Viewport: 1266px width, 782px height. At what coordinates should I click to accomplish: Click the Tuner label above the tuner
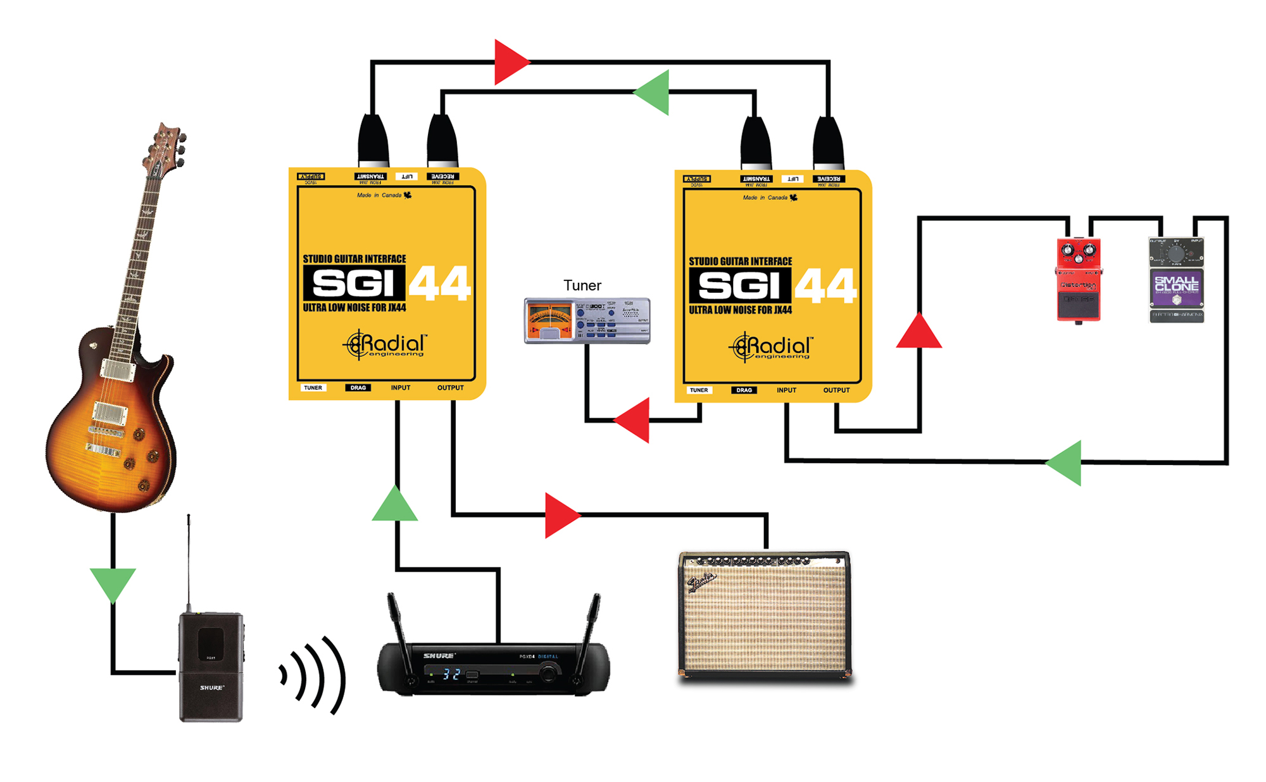coord(582,285)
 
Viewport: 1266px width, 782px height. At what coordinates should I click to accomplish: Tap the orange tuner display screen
coord(549,320)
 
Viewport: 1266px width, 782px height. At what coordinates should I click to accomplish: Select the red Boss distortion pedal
coord(1078,279)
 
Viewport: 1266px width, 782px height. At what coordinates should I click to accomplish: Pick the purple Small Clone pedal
coord(1176,280)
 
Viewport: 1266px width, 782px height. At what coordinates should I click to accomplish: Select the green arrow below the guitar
coord(113,584)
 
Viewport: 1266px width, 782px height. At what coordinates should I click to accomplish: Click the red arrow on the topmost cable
coord(510,62)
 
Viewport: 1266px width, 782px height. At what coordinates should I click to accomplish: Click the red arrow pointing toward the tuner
coord(634,419)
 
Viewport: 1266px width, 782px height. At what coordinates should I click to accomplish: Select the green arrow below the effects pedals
coord(1065,462)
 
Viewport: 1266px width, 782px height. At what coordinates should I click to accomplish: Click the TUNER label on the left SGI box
coord(313,388)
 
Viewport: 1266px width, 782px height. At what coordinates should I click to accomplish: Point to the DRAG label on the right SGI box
coord(744,390)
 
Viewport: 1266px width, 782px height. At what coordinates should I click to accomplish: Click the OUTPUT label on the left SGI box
coord(450,388)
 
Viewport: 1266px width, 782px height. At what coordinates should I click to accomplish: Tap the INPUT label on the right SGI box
coord(786,390)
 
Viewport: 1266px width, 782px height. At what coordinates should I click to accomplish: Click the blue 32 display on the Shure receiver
coord(451,674)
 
